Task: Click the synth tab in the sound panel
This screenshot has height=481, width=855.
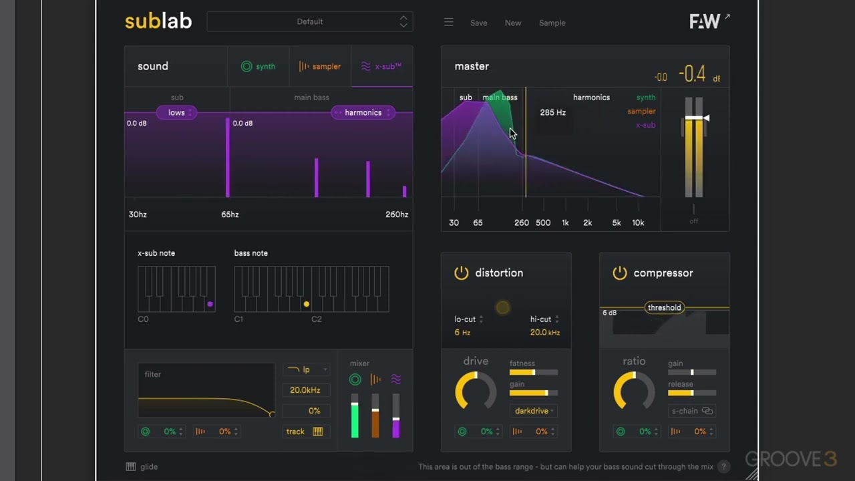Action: click(259, 66)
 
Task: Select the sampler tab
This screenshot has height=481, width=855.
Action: click(320, 66)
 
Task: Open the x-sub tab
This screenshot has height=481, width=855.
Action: click(381, 66)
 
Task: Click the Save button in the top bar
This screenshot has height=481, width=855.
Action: click(478, 23)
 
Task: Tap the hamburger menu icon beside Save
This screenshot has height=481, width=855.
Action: click(449, 23)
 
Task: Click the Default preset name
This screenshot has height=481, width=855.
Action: click(309, 22)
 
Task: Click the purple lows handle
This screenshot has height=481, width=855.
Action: click(176, 112)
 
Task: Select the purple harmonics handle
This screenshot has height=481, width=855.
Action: click(363, 112)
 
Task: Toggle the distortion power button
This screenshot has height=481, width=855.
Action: click(462, 273)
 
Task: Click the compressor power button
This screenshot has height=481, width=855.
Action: click(620, 273)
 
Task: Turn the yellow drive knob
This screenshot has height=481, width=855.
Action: click(476, 391)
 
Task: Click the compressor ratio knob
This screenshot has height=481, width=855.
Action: click(634, 391)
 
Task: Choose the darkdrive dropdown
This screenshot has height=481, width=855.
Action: click(532, 411)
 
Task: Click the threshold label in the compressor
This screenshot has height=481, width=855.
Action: click(664, 307)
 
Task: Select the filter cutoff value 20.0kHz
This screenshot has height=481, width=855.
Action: click(305, 390)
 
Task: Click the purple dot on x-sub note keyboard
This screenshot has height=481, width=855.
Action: click(210, 304)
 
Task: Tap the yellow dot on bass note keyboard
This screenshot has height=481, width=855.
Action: click(307, 304)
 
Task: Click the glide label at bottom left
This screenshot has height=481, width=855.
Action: click(148, 467)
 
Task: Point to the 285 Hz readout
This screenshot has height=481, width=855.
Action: click(552, 112)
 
